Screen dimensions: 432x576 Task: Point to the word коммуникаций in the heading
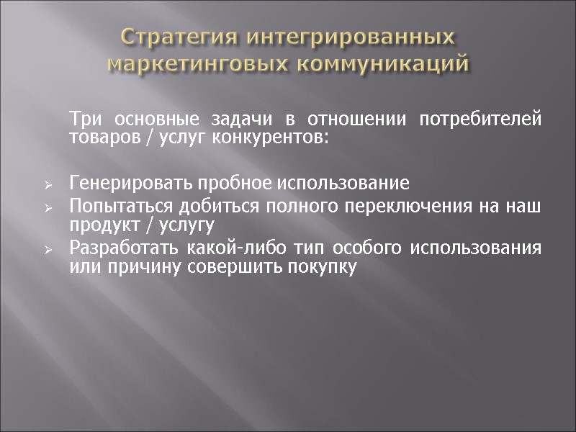coord(382,63)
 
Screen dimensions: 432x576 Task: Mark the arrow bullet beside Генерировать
coord(48,185)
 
